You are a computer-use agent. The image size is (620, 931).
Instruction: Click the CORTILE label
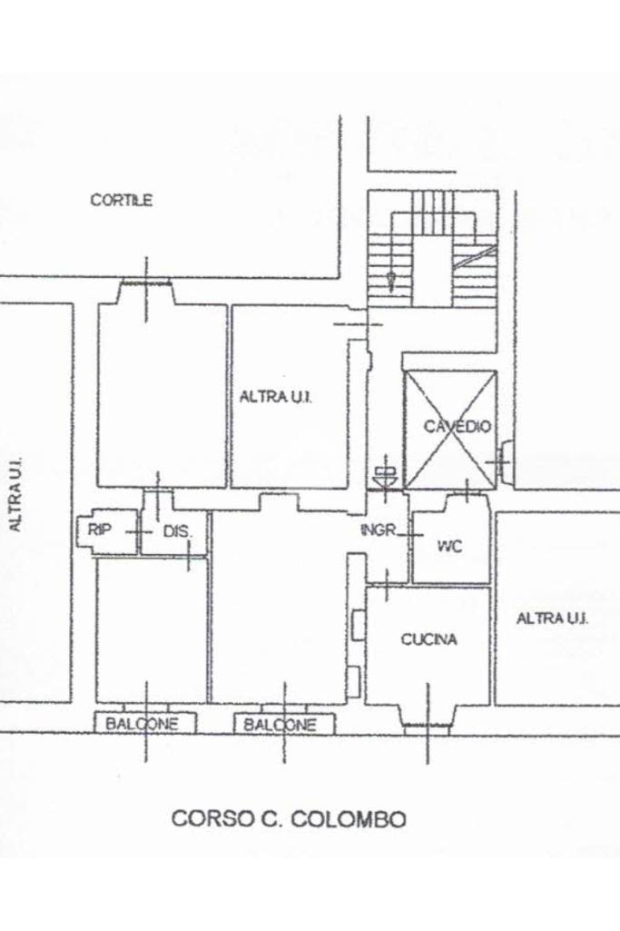point(122,201)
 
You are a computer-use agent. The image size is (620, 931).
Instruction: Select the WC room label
point(450,547)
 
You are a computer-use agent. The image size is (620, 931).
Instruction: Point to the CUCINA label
point(428,639)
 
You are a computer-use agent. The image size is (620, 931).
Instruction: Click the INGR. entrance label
point(379,530)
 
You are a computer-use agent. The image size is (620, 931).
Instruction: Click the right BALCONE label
point(280,725)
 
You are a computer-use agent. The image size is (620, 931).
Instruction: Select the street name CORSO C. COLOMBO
point(289,818)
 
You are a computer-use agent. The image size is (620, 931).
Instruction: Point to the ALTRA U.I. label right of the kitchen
point(552,619)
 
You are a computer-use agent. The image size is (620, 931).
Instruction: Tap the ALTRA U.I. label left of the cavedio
point(276,397)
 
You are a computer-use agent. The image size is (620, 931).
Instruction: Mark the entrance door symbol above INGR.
point(384,474)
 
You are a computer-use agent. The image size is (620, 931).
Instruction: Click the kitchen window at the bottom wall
point(427,726)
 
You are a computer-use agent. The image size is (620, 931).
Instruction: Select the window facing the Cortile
point(148,283)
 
